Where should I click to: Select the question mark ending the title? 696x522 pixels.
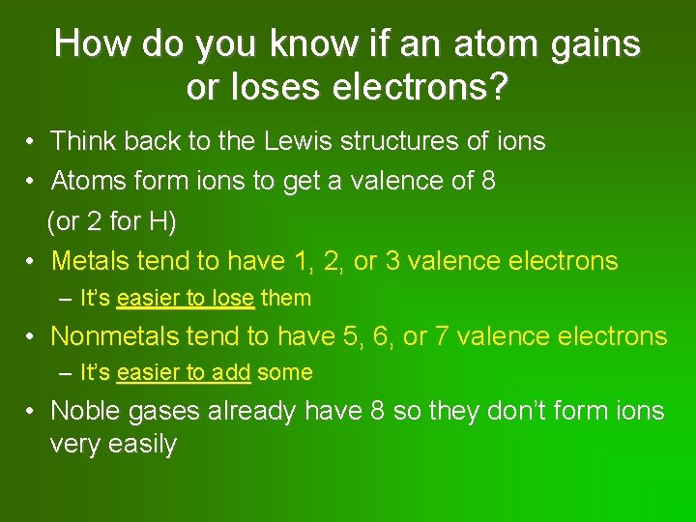click(x=497, y=88)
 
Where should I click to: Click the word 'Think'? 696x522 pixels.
click(x=82, y=142)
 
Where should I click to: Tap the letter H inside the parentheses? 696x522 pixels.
click(x=159, y=221)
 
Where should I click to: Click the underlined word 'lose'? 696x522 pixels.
click(x=232, y=299)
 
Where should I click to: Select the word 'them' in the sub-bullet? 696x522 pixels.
click(x=286, y=299)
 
